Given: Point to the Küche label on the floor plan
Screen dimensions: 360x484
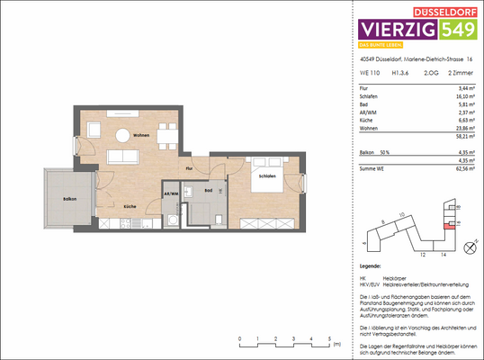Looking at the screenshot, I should pyautogui.click(x=130, y=206).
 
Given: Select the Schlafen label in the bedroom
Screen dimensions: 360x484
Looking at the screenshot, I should pyautogui.click(x=268, y=176).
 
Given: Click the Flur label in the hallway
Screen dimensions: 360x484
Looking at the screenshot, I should pyautogui.click(x=190, y=168).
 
